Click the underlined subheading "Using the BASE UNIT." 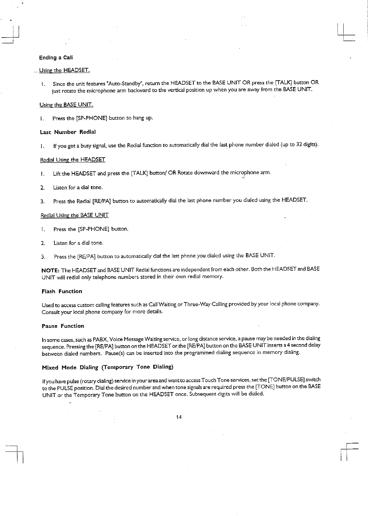pos(66,105)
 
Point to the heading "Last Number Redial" pos(68,132)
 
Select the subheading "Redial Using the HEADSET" pos(73,160)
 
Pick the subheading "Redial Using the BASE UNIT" pos(74,215)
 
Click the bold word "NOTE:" pos(51,269)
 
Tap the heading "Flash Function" pos(62,291)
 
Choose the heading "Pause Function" pos(63,326)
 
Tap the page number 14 pos(179,417)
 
